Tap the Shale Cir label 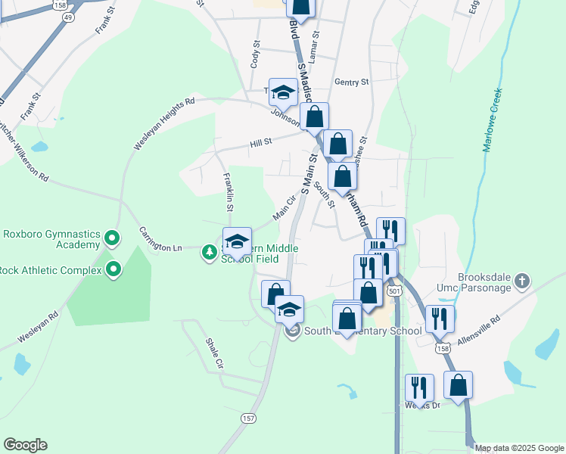(x=215, y=353)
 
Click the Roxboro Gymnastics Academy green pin (x=112, y=239)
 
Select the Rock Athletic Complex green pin (x=114, y=269)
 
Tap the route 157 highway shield (x=248, y=418)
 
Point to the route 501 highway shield (x=393, y=290)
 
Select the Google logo (x=25, y=445)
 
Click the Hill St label (x=261, y=143)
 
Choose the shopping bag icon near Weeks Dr (x=458, y=385)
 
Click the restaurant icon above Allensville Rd (x=439, y=319)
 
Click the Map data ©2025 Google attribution (x=519, y=448)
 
